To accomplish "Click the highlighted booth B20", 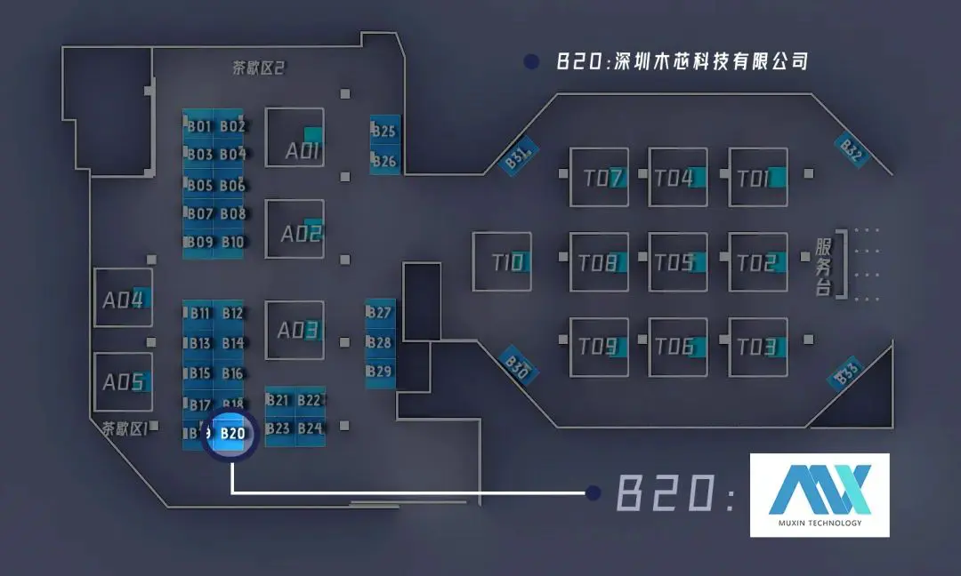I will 230,434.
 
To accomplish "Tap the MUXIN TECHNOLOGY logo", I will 819,494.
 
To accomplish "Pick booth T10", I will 502,261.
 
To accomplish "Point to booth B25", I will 384,132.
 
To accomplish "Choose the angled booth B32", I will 851,151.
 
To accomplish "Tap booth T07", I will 599,178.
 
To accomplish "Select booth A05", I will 123,382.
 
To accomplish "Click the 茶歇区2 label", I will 257,68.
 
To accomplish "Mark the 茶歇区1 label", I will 124,428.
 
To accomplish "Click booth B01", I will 198,126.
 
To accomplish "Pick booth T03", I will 757,347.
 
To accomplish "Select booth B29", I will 380,371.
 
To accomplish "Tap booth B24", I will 310,428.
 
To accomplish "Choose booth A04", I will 123,300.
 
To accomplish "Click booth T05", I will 677,262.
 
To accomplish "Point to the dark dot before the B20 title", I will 532,61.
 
